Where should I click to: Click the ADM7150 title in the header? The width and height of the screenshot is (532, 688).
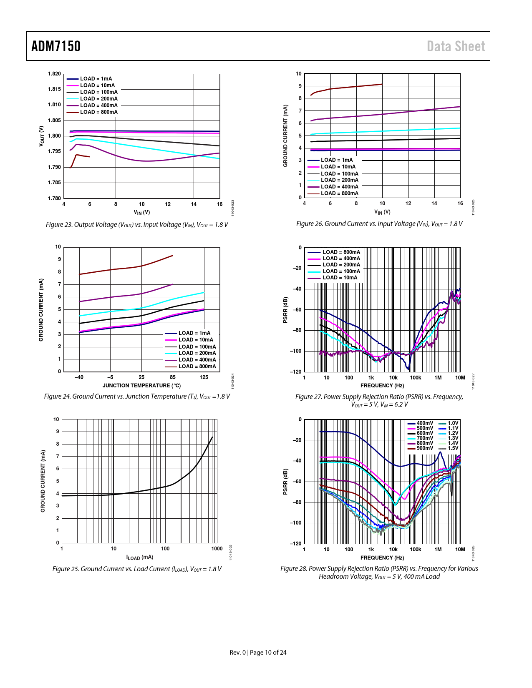click(x=56, y=46)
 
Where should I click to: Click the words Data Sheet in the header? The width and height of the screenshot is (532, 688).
click(x=456, y=46)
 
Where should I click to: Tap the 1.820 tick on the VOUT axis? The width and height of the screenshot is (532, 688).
click(x=54, y=74)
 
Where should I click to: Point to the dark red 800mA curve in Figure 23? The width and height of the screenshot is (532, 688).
click(x=81, y=156)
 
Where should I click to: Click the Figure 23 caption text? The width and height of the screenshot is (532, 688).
click(x=137, y=225)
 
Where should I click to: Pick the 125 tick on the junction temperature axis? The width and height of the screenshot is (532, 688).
click(x=204, y=377)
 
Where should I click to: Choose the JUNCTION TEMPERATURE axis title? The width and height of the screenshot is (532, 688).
click(x=141, y=386)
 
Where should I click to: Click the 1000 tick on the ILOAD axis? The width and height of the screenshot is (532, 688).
click(x=217, y=549)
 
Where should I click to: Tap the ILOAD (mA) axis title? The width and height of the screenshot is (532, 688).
click(x=140, y=557)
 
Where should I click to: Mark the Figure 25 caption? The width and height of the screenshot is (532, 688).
click(x=137, y=569)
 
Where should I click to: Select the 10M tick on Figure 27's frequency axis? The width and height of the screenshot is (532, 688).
click(x=460, y=378)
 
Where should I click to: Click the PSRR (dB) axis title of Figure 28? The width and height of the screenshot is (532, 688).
click(x=285, y=482)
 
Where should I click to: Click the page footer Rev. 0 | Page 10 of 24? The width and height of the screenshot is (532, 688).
click(x=258, y=653)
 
